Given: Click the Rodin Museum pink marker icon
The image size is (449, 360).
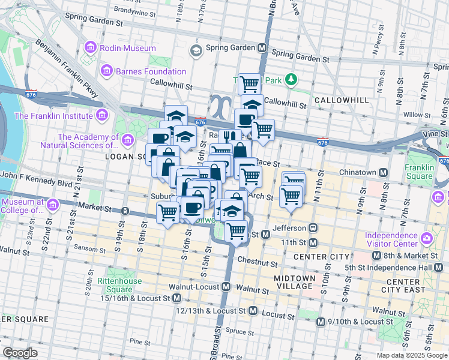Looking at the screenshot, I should click(x=91, y=46).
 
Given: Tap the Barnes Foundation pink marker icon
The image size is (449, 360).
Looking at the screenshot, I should click(x=106, y=71).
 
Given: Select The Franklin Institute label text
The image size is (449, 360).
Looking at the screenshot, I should click(x=52, y=116).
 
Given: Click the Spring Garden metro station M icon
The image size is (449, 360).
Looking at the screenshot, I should click(x=262, y=47).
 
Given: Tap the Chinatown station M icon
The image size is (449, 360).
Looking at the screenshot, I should click(x=382, y=172).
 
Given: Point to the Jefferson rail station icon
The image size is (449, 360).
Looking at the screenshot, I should click(x=313, y=228).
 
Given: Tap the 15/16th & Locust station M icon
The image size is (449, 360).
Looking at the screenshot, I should click(x=176, y=298).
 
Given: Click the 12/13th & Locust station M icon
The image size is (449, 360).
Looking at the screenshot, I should click(x=253, y=311).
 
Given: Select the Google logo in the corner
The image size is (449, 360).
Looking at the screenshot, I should click(x=20, y=353).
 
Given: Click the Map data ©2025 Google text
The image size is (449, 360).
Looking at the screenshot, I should click(x=412, y=355).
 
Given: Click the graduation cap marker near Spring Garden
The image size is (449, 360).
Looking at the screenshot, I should click(x=196, y=50).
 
